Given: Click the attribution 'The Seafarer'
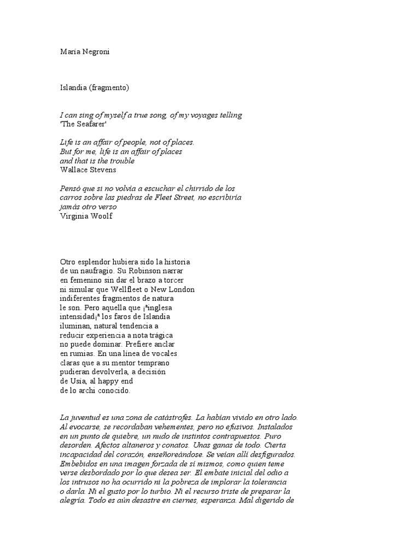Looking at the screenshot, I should (x=83, y=124).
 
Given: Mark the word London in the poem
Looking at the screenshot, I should (x=182, y=289).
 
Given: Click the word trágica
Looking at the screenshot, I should (x=160, y=335).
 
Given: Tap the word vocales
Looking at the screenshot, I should (x=164, y=353).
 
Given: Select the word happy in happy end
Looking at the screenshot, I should (x=114, y=381).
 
